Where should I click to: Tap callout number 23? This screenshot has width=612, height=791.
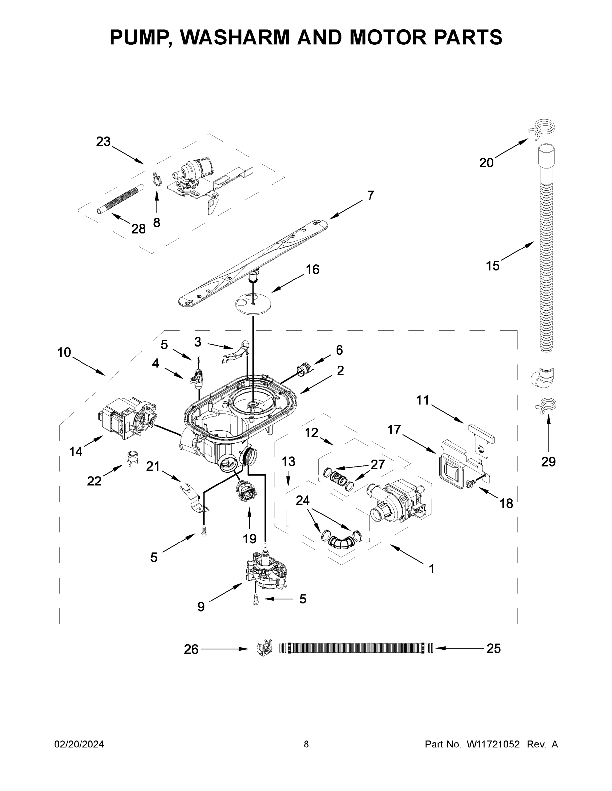pyautogui.click(x=103, y=142)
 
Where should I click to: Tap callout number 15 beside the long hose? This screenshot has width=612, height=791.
pyautogui.click(x=492, y=266)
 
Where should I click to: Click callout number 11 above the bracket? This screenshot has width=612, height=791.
pyautogui.click(x=422, y=400)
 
